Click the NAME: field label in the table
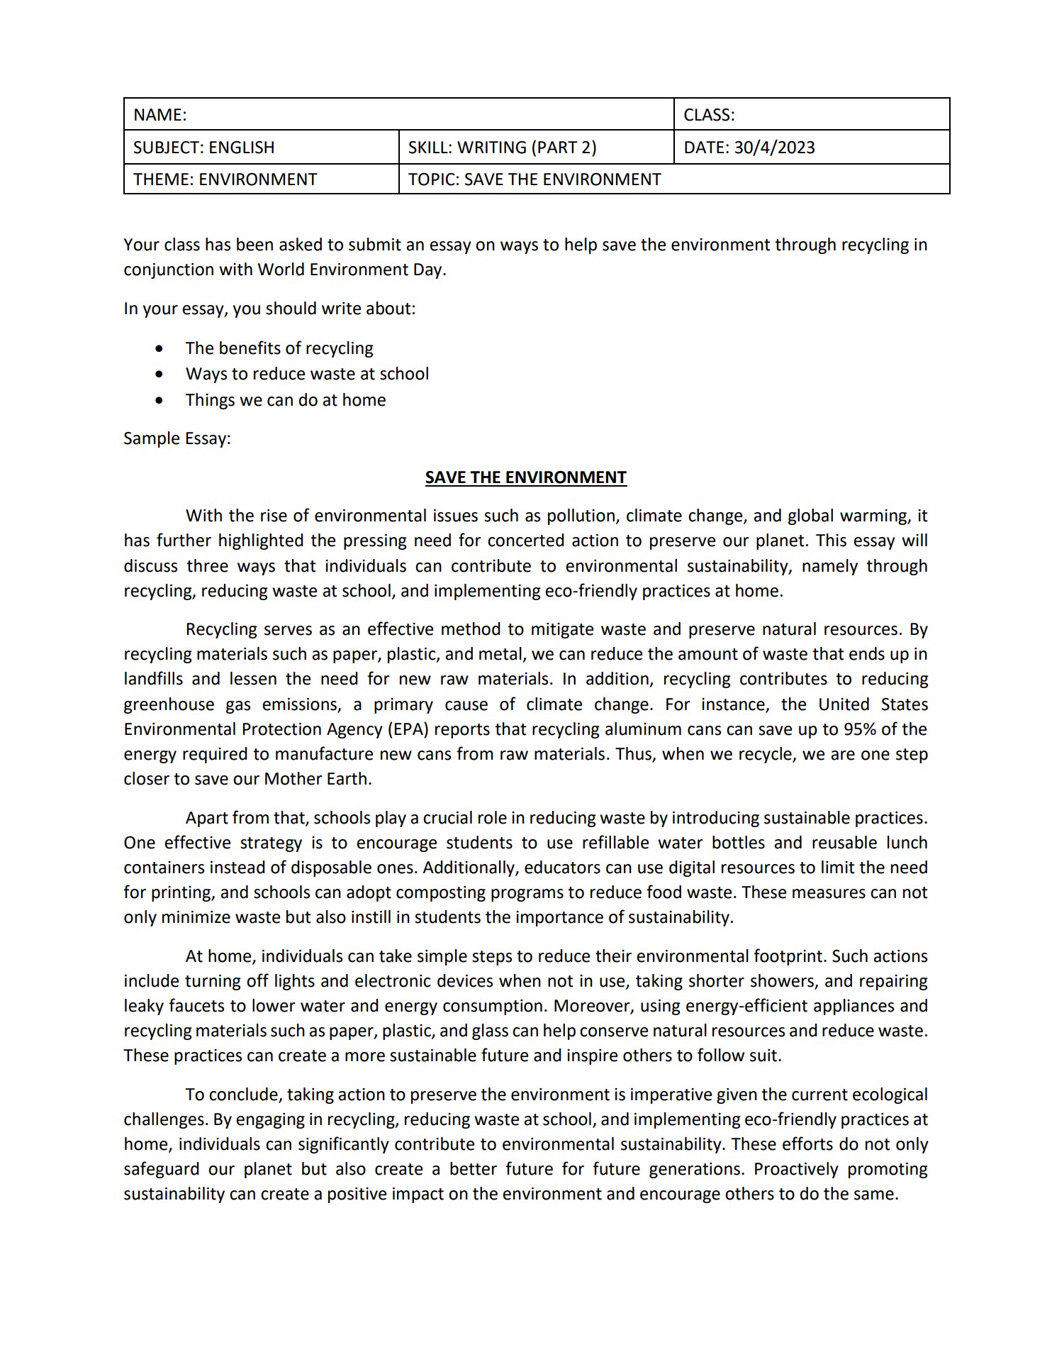point(160,115)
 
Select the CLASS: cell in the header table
point(709,115)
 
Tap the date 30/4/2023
point(774,148)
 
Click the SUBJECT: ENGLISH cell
point(204,148)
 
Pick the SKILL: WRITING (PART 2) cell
point(502,148)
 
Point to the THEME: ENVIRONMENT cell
point(225,179)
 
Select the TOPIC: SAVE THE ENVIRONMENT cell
point(535,179)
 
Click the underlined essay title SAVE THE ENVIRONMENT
point(525,477)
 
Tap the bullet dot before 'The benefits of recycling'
point(160,349)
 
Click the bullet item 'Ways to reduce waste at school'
point(307,374)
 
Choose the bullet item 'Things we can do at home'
point(286,400)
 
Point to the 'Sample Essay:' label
point(177,438)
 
